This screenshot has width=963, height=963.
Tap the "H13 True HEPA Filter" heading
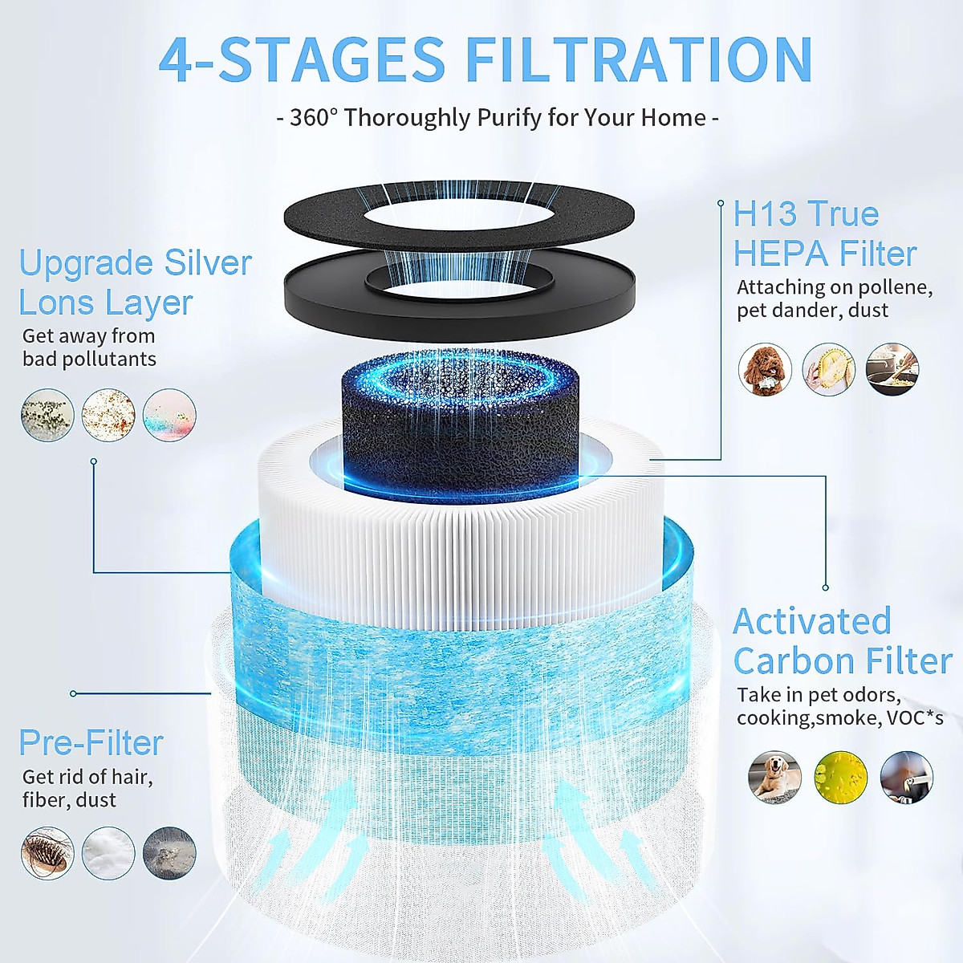(824, 234)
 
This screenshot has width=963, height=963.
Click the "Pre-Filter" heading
(91, 742)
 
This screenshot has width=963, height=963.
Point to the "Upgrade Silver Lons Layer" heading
(135, 282)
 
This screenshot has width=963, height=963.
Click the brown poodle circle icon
(765, 369)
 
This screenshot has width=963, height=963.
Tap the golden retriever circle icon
(774, 777)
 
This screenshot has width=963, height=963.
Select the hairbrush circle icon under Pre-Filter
(47, 852)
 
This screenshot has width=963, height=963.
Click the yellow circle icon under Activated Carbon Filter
(840, 777)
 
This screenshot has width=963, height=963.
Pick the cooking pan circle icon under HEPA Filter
(892, 369)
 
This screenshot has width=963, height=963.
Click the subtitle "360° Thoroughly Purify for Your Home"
(498, 118)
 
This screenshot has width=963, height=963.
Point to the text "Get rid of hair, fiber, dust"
(87, 788)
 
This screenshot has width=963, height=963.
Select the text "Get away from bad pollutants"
(89, 347)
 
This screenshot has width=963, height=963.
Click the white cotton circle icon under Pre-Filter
(108, 852)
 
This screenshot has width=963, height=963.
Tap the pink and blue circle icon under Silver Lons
(169, 415)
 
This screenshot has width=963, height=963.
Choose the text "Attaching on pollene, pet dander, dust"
(834, 299)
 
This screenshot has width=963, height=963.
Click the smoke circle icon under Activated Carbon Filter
(906, 777)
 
